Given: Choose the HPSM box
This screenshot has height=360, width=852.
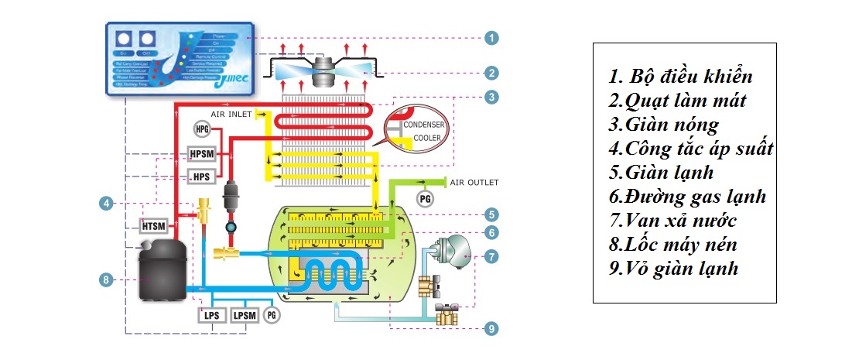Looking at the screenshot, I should pyautogui.click(x=201, y=154).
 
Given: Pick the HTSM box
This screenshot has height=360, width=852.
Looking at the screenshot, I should pyautogui.click(x=152, y=225).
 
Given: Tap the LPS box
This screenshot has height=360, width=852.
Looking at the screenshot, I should pyautogui.click(x=211, y=315).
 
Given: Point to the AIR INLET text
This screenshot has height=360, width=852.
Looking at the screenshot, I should pyautogui.click(x=233, y=115).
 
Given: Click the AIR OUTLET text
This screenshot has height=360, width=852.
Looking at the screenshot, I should pyautogui.click(x=474, y=182).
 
